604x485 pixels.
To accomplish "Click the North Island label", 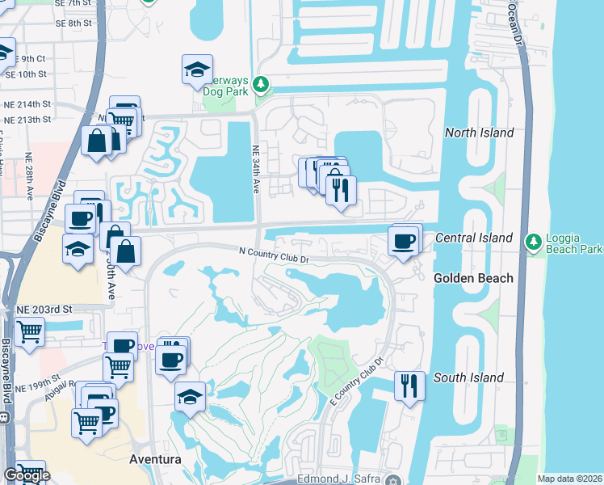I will point(480,133).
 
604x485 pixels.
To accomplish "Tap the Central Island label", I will point(474,238).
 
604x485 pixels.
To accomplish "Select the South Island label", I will point(469,377).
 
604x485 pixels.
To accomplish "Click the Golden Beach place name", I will point(473,278).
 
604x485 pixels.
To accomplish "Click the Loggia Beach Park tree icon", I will point(533,241).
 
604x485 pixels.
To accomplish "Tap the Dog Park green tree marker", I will point(261,84).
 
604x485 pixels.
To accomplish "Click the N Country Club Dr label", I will point(275,255).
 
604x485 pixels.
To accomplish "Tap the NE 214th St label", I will point(28,104).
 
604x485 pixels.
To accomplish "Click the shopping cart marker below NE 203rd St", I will point(29,331).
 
